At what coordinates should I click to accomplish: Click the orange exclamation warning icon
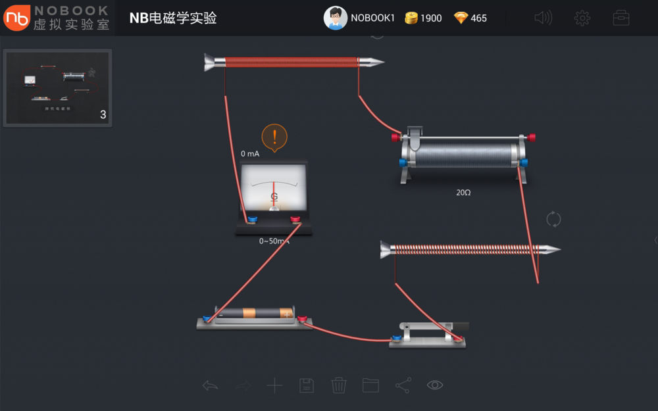point(274,137)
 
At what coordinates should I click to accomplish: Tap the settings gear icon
point(582,18)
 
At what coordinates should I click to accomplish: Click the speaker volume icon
point(544,18)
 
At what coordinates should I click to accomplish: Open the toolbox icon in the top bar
point(621,18)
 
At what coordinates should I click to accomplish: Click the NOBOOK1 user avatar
point(336,18)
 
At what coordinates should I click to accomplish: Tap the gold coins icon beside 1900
point(412,18)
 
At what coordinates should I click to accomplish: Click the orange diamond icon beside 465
point(461,18)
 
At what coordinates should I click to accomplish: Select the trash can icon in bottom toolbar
point(339,385)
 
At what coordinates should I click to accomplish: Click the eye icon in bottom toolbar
point(435,385)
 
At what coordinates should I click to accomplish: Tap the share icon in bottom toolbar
point(403,385)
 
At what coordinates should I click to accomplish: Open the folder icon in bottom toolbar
point(371,385)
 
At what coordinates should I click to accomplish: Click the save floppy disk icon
point(307,385)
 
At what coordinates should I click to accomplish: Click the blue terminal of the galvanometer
point(252,220)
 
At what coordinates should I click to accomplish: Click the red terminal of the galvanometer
point(295,220)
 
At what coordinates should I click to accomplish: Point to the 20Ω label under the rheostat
point(464,193)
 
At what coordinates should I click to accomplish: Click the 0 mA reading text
point(250,154)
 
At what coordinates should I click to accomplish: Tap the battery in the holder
point(255,314)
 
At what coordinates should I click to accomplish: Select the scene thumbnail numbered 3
point(58,87)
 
